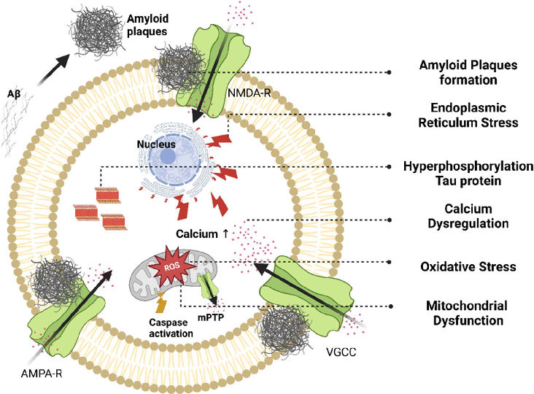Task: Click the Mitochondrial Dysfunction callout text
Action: (x=458, y=312)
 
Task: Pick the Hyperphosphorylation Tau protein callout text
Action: (x=458, y=173)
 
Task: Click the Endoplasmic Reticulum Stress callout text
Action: (x=458, y=115)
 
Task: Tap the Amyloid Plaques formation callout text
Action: (x=458, y=72)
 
